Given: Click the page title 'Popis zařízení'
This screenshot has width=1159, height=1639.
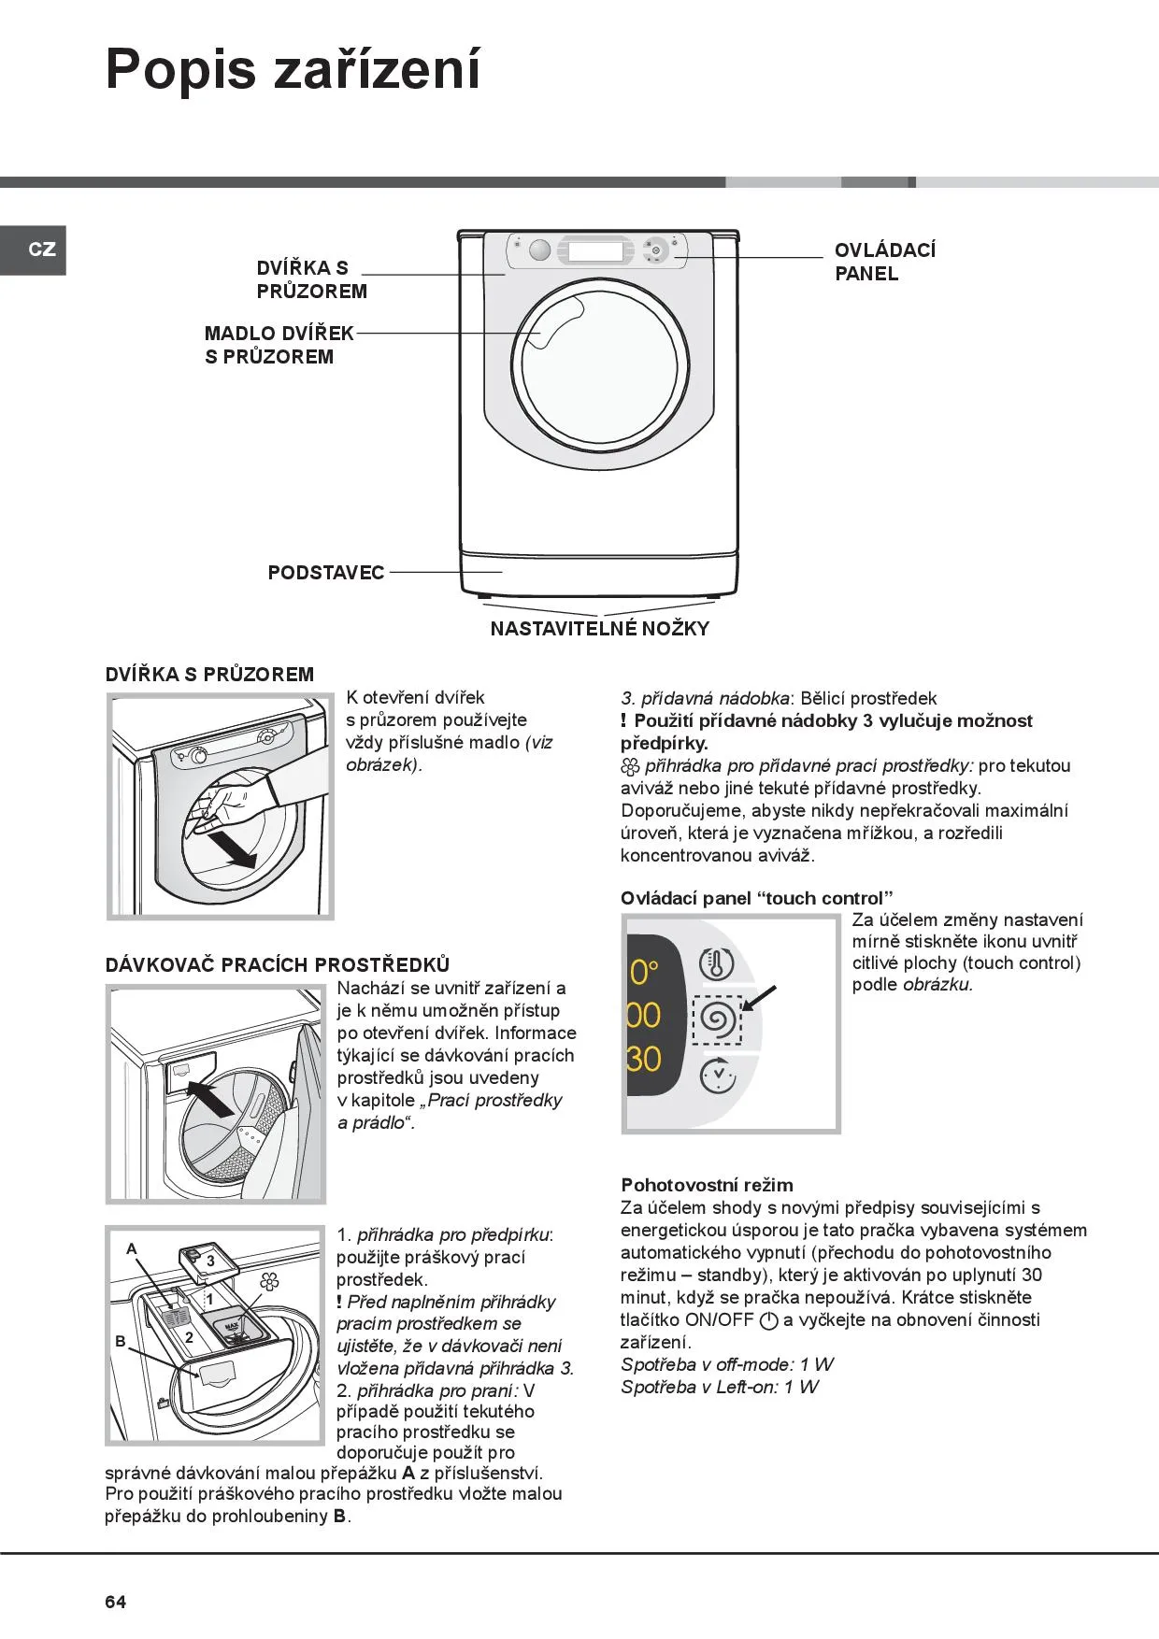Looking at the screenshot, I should coord(293,69).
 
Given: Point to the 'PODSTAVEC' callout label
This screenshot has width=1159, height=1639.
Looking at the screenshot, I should coord(325,573).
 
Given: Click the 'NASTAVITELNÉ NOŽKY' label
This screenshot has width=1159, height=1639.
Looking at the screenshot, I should coord(599,629).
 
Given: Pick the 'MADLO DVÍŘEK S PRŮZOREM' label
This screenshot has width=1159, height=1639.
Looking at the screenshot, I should coord(279,345).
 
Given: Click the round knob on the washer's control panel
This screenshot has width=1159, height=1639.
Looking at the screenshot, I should coord(539,250).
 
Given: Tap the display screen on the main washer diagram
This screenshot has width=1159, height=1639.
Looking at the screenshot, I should coord(594,251).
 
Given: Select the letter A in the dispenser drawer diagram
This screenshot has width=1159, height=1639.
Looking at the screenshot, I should coord(132,1248).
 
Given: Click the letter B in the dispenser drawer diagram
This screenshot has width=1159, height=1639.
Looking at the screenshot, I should coord(121,1341).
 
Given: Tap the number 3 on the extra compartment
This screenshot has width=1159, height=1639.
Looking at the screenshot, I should coord(211,1261).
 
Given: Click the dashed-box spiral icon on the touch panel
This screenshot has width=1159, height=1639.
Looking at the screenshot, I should coord(717,1019).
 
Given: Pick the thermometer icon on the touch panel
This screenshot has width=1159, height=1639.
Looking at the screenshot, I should coord(717,963).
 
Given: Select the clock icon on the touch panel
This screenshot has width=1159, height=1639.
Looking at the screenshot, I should coord(717,1076).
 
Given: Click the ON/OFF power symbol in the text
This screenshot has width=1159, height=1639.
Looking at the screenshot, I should coord(769,1320).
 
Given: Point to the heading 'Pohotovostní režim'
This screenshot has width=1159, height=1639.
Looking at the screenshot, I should coord(707,1185).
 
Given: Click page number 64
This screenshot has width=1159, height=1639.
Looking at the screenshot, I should coord(115,1602).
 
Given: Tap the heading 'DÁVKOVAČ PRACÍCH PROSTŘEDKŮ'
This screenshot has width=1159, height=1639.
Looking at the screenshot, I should coord(278,964).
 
